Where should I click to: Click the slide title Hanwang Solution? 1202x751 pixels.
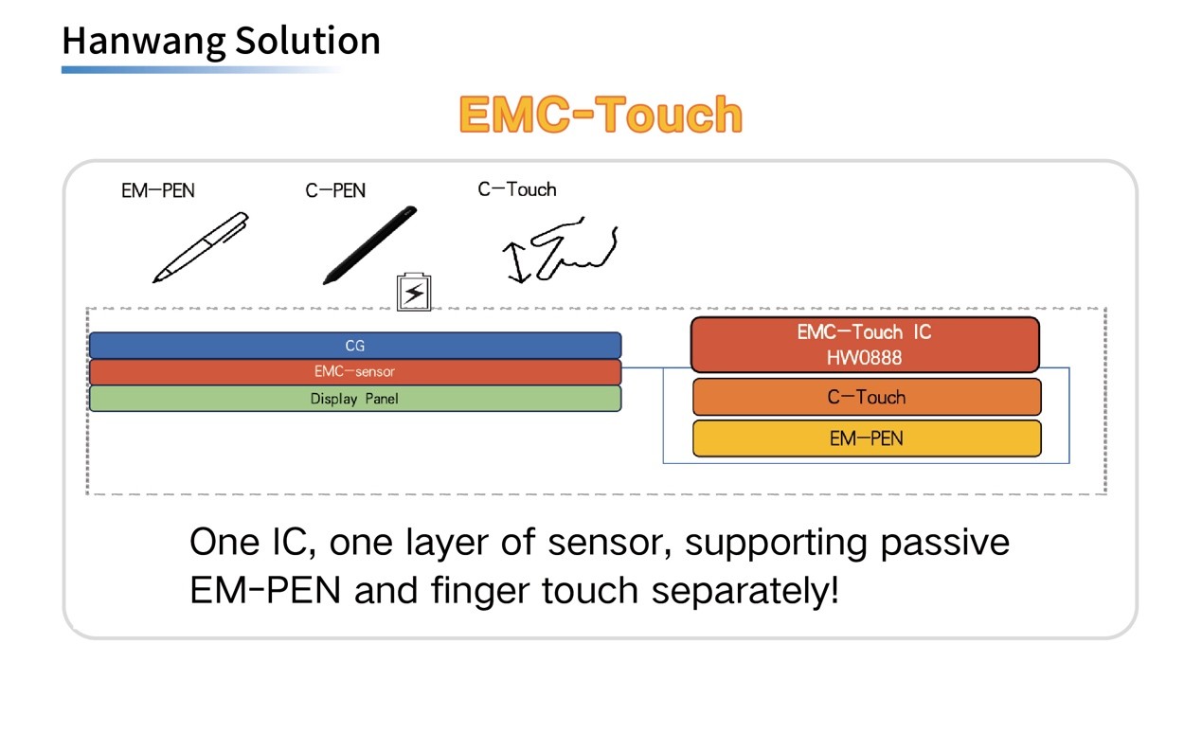coord(221,41)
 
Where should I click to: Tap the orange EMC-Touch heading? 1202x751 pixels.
coord(601,115)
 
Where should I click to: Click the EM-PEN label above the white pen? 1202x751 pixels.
coord(158,190)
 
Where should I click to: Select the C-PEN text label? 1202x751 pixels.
coord(335,190)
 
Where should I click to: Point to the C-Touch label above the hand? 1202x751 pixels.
coord(517,189)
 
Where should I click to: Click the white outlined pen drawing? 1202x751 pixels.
coord(201,247)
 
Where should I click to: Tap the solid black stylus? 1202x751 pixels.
coord(370,244)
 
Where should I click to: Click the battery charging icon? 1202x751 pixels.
coord(414,292)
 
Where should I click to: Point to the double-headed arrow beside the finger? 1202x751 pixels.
coord(516,262)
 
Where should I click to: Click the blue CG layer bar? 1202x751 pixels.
coord(355,346)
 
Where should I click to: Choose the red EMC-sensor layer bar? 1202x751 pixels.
coord(355,372)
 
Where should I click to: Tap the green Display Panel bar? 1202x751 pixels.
coord(355,399)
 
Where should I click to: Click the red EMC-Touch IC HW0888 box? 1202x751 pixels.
coord(865,345)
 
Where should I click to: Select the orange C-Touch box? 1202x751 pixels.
coord(867,397)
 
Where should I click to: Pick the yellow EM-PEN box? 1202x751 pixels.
coord(867,438)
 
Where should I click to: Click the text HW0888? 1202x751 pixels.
coord(864,358)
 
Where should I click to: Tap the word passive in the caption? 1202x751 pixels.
coord(945,543)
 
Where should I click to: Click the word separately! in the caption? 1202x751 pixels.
coord(745,590)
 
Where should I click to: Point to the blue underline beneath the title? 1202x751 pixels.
coord(201,70)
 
